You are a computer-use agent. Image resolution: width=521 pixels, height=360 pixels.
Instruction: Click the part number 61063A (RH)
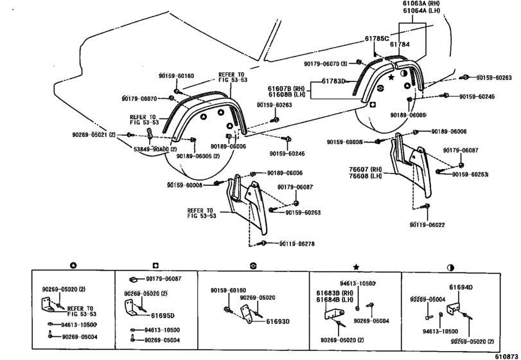pos(412,3)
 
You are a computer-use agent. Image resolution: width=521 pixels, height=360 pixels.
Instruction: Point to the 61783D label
pos(334,82)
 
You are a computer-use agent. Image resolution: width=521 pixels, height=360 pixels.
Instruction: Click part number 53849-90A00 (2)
pos(155,148)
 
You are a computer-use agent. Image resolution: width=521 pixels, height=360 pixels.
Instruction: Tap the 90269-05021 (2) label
pos(94,135)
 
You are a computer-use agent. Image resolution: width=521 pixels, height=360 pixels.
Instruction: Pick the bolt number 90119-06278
pos(298,243)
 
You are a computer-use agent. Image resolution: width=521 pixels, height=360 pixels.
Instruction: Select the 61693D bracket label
pos(277,320)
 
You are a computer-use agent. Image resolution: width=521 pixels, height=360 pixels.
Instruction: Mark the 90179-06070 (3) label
pos(326,63)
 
